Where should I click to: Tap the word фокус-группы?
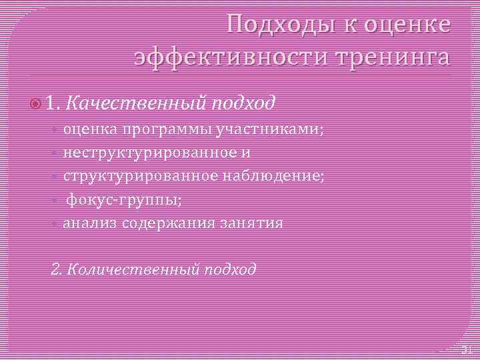[124, 199]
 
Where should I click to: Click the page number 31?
[466, 349]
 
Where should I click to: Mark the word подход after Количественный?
[231, 269]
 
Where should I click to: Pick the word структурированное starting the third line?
[139, 176]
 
